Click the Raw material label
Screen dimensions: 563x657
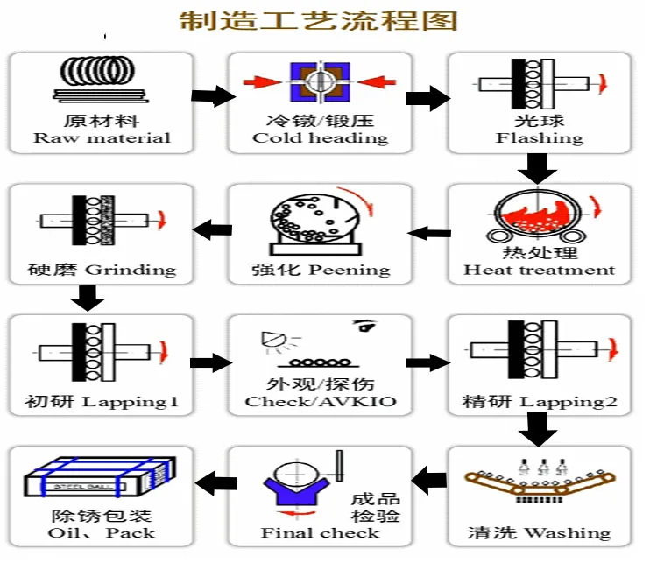pyautogui.click(x=102, y=137)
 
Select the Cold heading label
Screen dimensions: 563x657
pyautogui.click(x=320, y=137)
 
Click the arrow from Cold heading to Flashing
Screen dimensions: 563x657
pyautogui.click(x=427, y=97)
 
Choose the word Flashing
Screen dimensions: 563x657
pyautogui.click(x=539, y=137)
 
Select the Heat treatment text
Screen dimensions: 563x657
pyautogui.click(x=539, y=270)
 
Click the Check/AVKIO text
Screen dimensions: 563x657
pyautogui.click(x=320, y=402)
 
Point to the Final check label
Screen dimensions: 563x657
pyautogui.click(x=320, y=533)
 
